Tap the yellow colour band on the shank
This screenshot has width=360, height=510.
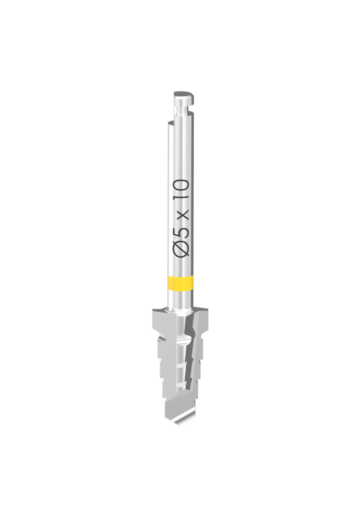pyautogui.click(x=180, y=282)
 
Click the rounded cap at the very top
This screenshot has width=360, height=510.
pyautogui.click(x=184, y=95)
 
